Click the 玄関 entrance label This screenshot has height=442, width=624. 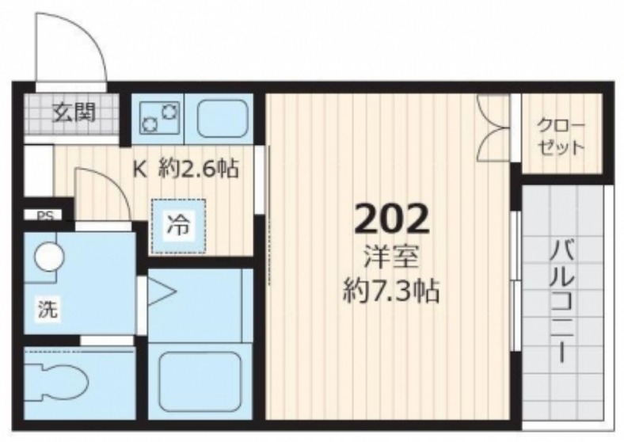click(x=74, y=112)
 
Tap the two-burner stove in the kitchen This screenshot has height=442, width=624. click(x=159, y=117)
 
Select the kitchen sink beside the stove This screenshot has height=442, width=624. click(x=222, y=117)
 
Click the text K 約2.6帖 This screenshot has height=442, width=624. click(x=186, y=169)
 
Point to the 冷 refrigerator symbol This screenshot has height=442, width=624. click(x=178, y=226)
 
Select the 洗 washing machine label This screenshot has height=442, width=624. click(x=48, y=309)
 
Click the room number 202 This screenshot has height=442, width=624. click(x=392, y=219)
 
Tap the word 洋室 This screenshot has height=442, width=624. click(x=392, y=257)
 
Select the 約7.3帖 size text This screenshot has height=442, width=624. click(x=391, y=292)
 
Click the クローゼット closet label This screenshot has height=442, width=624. click(x=561, y=136)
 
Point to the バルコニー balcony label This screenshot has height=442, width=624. click(x=562, y=301)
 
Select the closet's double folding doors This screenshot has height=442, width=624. click(x=493, y=128)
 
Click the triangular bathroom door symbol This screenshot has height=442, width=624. click(x=162, y=291)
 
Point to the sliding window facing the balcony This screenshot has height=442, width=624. click(x=516, y=280)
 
